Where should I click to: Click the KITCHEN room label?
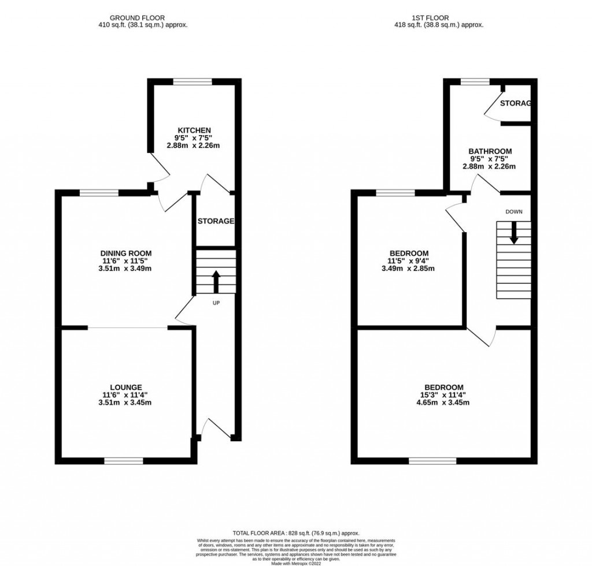pos(194,130)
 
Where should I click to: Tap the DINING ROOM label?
pos(126,253)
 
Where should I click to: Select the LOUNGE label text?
pos(126,387)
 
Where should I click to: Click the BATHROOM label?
pos(490,151)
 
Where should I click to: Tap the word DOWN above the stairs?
pos(513,212)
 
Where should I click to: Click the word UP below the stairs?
pos(216,302)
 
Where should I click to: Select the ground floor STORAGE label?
pos(216,221)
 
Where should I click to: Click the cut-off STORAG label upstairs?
pos(515,103)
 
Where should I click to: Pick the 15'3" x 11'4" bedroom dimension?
pos(443,395)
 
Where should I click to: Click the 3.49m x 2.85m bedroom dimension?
pos(409,268)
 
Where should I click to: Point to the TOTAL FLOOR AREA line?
pos(295,533)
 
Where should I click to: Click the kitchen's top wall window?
pos(193,81)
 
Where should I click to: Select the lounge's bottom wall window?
pos(124,460)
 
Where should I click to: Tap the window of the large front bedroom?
pos(428,460)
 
